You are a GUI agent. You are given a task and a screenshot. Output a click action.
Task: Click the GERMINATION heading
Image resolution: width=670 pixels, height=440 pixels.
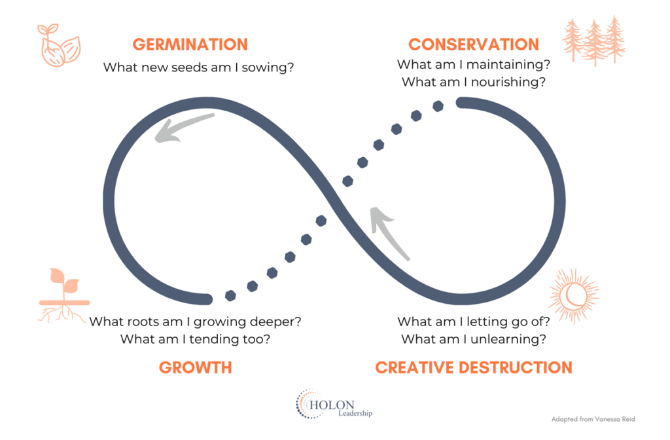(190, 45)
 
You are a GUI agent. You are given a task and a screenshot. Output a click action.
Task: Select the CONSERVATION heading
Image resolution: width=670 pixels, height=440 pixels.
(474, 45)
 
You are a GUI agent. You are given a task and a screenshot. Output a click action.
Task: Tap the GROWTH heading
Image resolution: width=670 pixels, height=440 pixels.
(195, 367)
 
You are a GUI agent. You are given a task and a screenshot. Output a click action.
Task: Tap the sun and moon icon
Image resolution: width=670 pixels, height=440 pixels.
(574, 296)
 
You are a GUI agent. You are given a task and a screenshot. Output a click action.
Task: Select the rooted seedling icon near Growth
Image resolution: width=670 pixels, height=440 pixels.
(63, 295)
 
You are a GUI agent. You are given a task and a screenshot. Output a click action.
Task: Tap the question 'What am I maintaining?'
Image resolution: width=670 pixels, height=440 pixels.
(473, 65)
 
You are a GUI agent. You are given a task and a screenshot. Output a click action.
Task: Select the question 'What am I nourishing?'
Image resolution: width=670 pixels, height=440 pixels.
(473, 82)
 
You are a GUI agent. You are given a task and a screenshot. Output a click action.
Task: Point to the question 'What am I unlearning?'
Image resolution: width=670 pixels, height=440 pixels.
(474, 339)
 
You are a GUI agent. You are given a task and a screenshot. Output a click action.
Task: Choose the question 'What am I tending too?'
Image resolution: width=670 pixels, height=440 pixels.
(196, 339)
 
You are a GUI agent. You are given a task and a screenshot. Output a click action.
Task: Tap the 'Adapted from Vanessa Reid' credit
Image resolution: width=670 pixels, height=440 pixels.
(593, 418)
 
